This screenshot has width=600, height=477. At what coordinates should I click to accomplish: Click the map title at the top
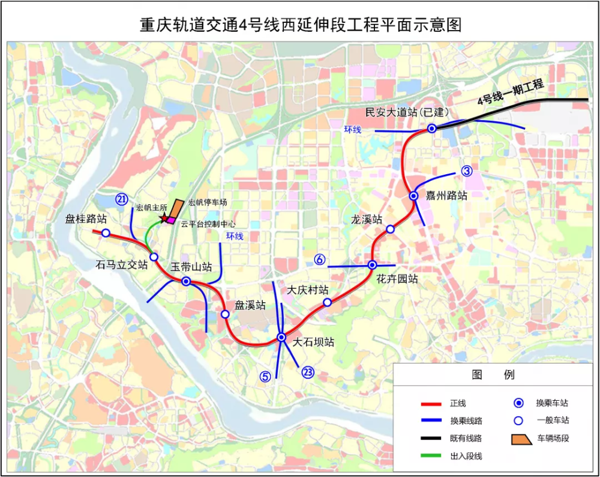(300, 25)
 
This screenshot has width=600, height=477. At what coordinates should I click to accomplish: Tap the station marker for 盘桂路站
(106, 233)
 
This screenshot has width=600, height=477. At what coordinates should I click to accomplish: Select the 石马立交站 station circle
(154, 257)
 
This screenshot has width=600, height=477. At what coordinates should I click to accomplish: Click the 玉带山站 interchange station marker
(187, 281)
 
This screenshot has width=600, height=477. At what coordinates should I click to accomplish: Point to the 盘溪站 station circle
(225, 314)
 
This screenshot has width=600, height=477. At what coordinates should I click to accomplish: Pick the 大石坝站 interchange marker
(281, 338)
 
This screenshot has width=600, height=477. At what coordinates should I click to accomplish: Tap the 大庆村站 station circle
(327, 302)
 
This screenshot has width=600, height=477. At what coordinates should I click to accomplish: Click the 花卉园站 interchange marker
(372, 265)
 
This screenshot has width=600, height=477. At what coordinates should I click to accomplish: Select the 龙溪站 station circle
(390, 229)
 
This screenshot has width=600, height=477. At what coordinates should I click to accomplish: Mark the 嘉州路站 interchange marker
(413, 196)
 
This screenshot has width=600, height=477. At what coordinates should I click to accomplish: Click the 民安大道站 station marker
(432, 128)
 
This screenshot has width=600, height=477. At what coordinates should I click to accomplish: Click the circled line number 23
(308, 372)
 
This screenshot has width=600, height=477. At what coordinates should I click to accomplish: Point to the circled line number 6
(320, 260)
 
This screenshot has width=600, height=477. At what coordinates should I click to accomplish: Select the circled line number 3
(467, 171)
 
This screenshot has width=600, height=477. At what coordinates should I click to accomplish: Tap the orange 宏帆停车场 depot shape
(176, 207)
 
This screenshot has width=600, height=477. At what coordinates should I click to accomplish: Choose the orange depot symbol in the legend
(521, 439)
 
